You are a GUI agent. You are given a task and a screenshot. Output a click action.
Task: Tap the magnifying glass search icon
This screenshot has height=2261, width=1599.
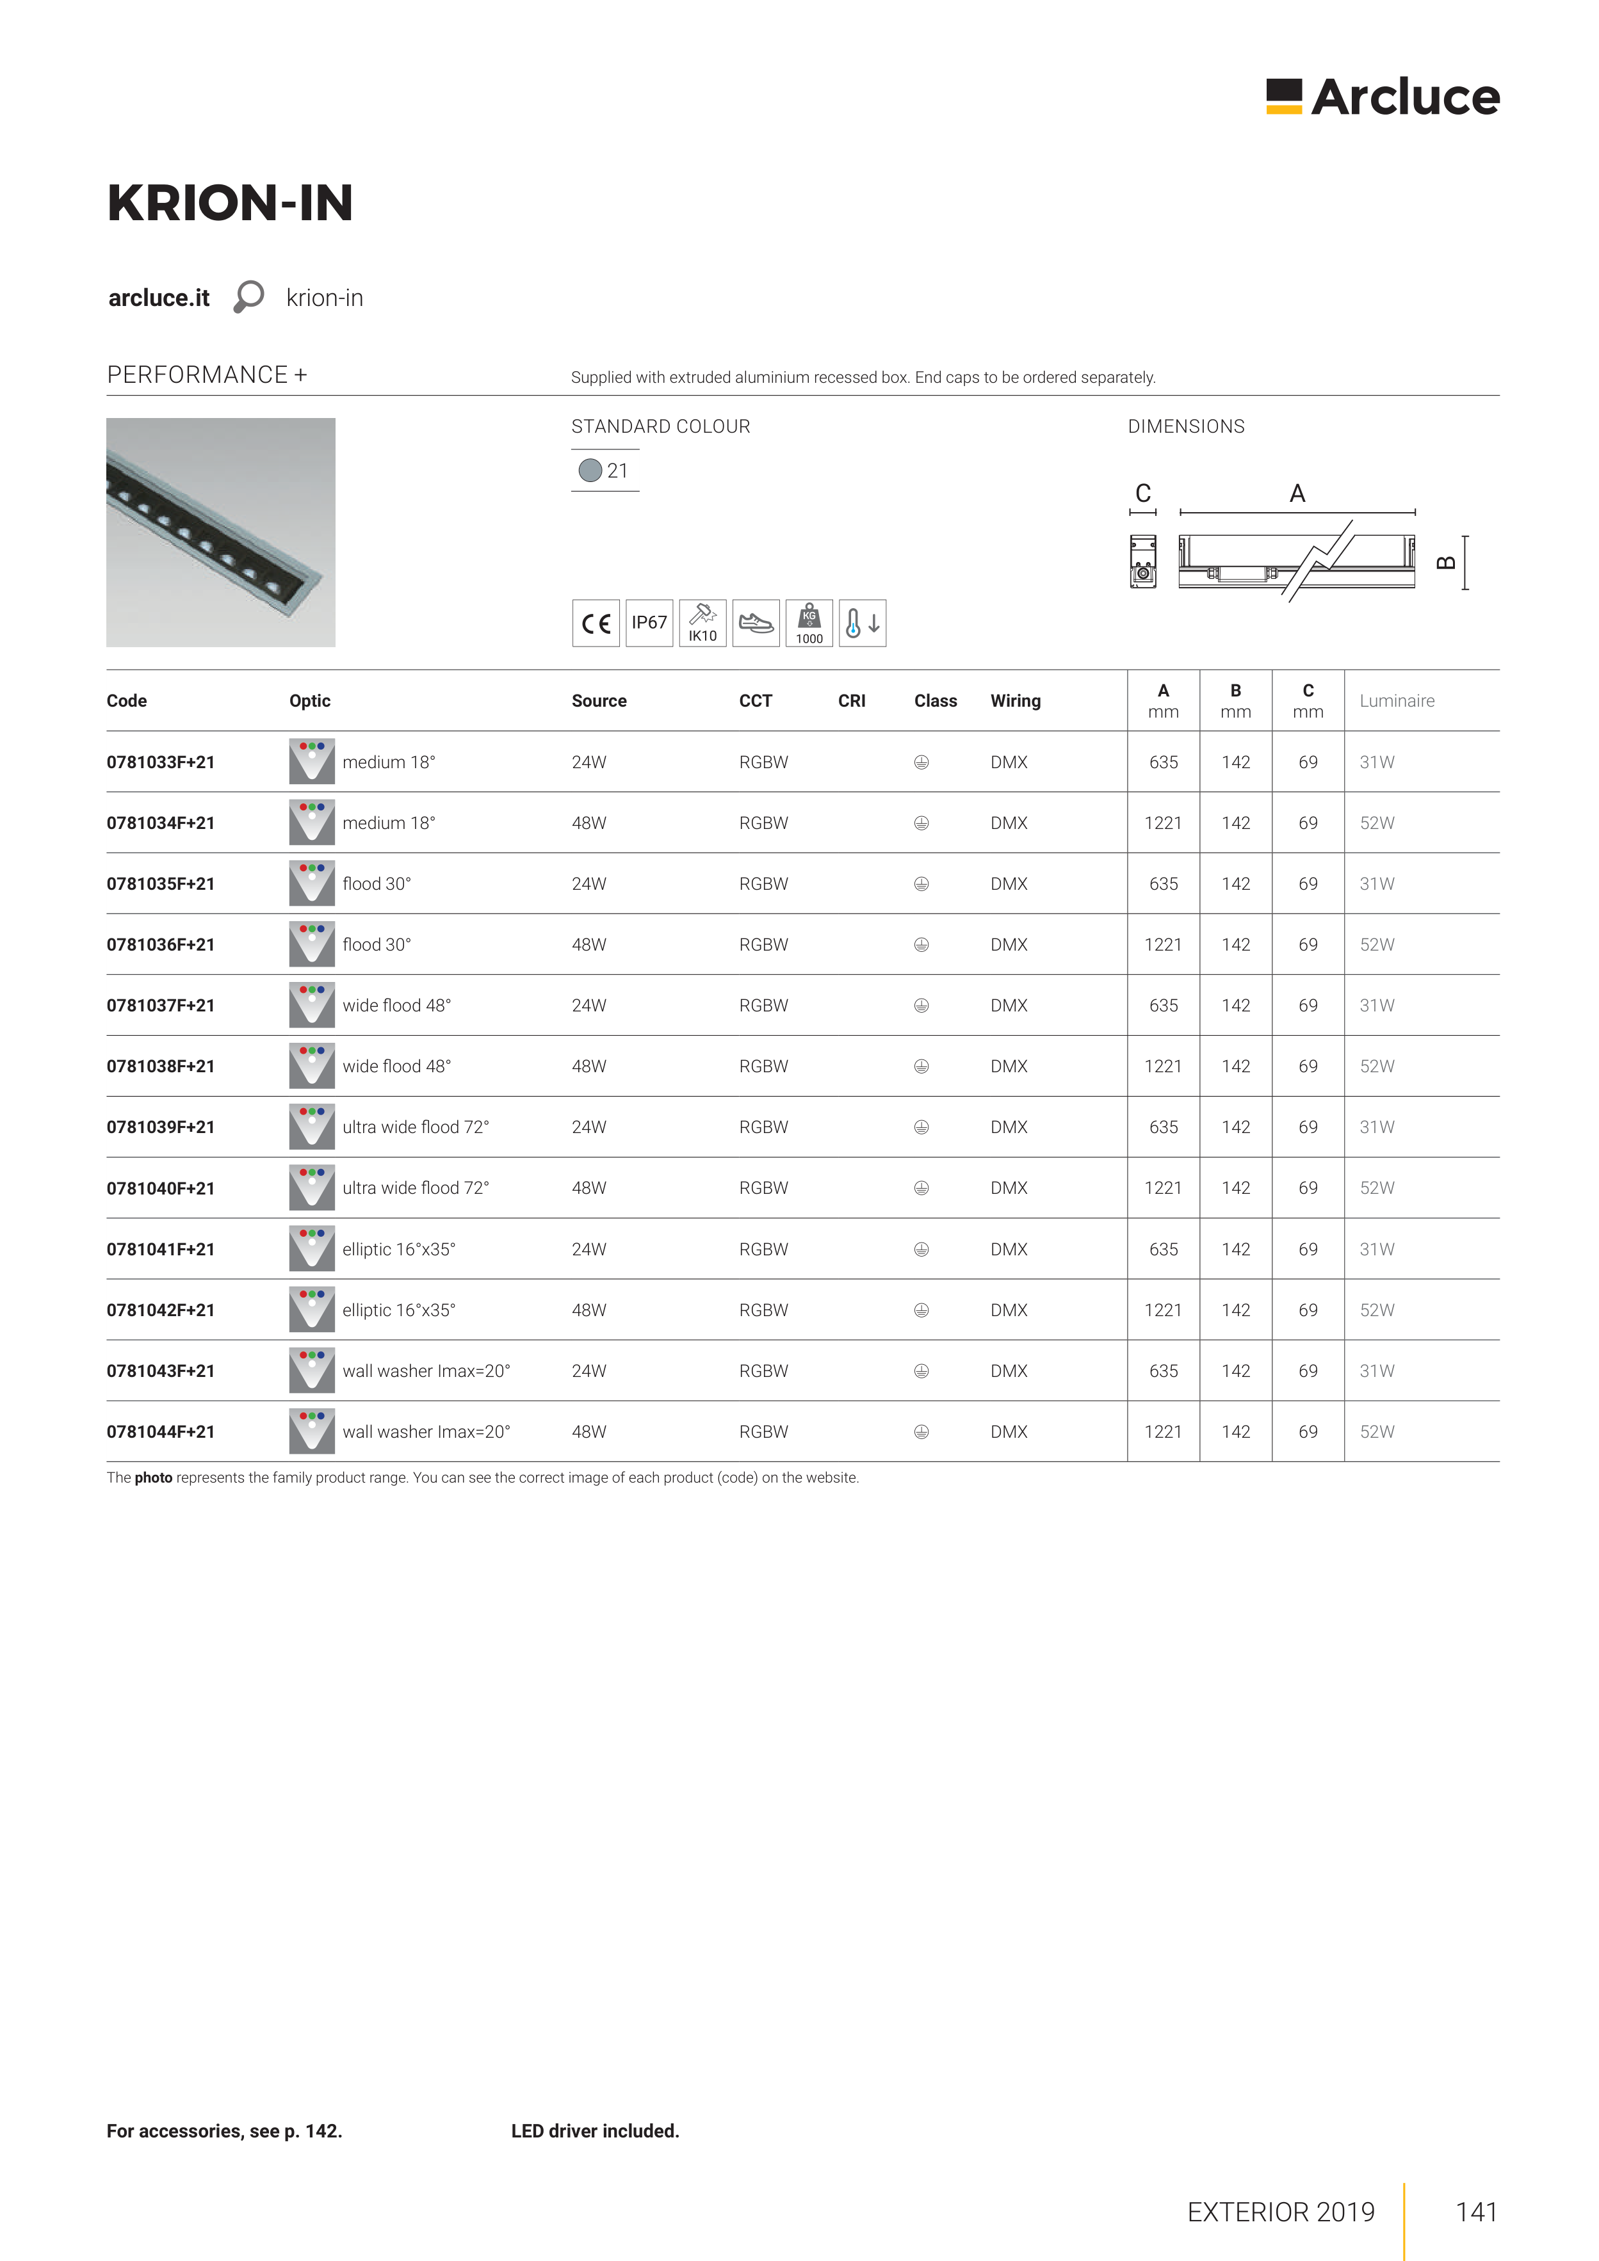[x=248, y=296]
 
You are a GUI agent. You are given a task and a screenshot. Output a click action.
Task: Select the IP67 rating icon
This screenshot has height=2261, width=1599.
[x=649, y=622]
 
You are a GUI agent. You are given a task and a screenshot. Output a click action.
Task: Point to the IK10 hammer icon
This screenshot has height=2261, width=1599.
[x=702, y=622]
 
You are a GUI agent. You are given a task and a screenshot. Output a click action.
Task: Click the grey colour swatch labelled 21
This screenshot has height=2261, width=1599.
[x=590, y=471]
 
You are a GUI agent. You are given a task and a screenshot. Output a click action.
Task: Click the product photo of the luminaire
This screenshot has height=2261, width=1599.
[x=221, y=532]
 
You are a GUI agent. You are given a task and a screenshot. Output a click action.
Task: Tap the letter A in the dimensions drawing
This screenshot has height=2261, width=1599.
[x=1297, y=494]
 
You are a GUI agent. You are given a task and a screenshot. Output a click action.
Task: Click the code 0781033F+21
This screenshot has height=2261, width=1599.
[x=161, y=762]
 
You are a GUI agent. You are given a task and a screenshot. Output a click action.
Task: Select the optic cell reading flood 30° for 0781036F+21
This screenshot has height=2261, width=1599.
[x=377, y=944]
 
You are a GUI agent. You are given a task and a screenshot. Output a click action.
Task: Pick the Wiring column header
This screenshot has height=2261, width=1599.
[x=1015, y=700]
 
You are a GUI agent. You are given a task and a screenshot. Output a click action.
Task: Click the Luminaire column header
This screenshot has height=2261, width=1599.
[x=1396, y=700]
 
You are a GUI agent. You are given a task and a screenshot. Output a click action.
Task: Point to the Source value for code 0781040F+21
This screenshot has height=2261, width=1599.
[x=589, y=1187]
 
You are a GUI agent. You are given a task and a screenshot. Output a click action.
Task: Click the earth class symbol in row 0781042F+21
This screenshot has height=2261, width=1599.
[x=921, y=1310]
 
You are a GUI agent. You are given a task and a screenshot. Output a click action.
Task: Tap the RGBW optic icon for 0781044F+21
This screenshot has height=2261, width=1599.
[x=311, y=1431]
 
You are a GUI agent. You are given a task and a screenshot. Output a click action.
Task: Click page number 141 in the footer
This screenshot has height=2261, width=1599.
[x=1476, y=2212]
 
